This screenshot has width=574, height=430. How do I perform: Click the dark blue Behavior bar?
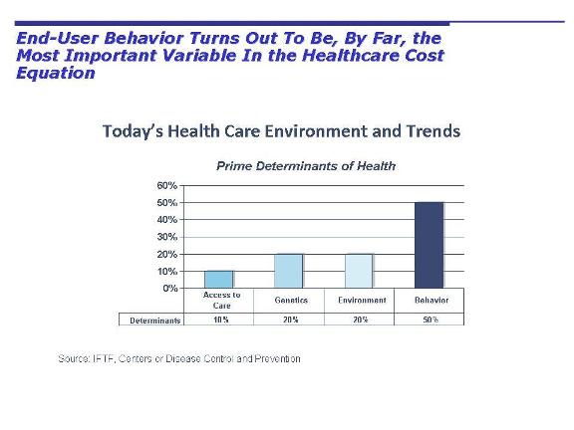click(430, 245)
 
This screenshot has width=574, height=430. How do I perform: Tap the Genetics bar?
click(289, 271)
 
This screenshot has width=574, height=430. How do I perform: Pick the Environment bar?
click(359, 271)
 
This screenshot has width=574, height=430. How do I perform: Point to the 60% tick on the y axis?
click(166, 186)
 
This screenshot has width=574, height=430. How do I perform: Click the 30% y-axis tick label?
click(166, 237)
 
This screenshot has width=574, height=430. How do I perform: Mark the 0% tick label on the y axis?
click(169, 289)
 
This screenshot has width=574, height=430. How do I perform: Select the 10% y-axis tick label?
click(166, 271)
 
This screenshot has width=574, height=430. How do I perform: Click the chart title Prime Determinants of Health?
click(306, 166)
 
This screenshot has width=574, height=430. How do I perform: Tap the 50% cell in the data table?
click(429, 320)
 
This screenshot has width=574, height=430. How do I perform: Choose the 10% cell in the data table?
click(220, 320)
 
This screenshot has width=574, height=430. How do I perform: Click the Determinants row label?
click(154, 320)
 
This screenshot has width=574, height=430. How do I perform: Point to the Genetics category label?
click(290, 300)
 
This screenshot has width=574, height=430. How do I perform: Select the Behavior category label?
click(430, 300)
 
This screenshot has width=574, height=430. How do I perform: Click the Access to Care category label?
click(221, 301)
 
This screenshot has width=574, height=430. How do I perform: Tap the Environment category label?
click(360, 300)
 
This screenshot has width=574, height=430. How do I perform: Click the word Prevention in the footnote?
click(276, 358)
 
